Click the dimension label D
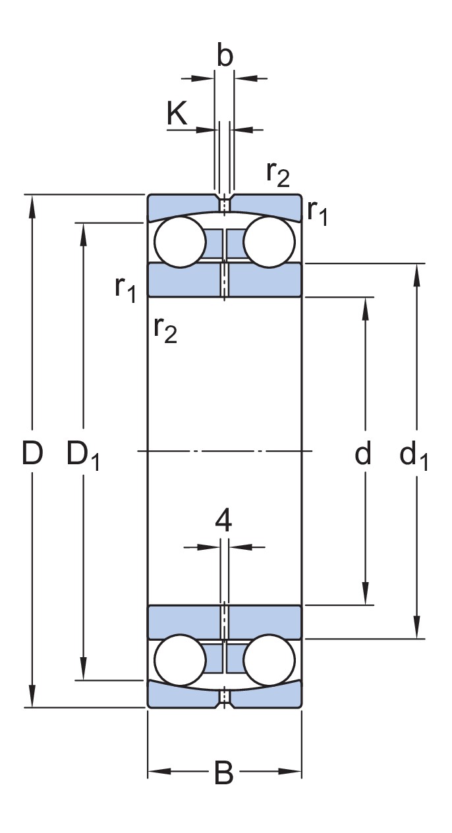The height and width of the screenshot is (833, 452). [x=32, y=454]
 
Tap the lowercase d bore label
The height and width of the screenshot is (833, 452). [x=363, y=454]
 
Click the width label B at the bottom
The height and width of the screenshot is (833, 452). [x=224, y=773]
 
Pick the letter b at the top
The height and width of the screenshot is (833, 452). [x=225, y=57]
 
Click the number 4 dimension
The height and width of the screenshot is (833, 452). [x=223, y=522]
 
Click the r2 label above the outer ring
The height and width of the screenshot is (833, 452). [x=277, y=174]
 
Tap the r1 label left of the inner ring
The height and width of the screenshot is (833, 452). [x=126, y=288]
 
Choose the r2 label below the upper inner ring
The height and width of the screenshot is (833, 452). [x=165, y=329]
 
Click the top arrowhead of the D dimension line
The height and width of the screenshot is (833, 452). [x=32, y=202]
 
